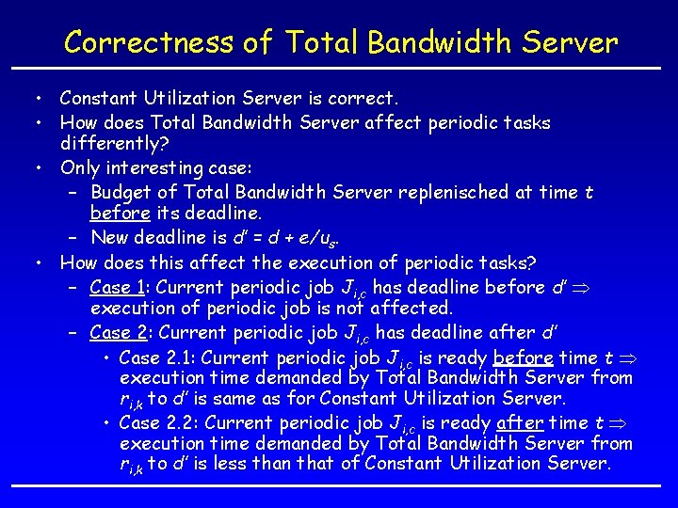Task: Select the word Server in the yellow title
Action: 569,42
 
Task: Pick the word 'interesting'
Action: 160,168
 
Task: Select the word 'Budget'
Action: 121,192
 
